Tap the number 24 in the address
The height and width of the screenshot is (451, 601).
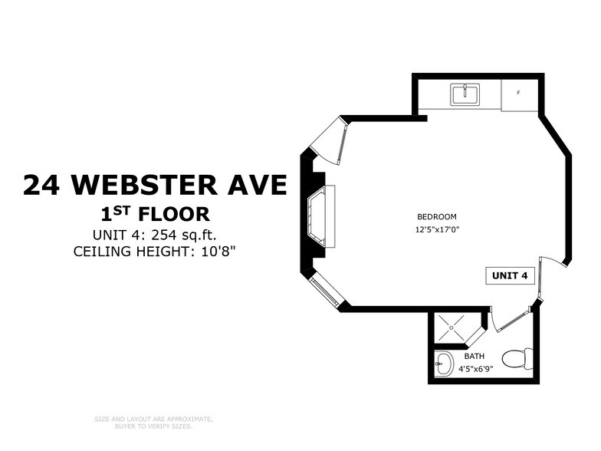44,185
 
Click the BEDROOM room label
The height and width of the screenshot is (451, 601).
437,216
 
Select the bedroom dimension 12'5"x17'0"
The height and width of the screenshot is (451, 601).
437,229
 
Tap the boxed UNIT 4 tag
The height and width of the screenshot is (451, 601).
510,276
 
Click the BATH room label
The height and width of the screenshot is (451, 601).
475,356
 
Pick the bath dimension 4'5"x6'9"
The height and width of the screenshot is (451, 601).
475,368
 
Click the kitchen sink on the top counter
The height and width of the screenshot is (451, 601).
465,94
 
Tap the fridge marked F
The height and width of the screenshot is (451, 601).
519,93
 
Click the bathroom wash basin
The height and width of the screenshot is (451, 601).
445,364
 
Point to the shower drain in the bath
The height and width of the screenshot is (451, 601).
452,328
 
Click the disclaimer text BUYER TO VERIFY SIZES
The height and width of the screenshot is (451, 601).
153,425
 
